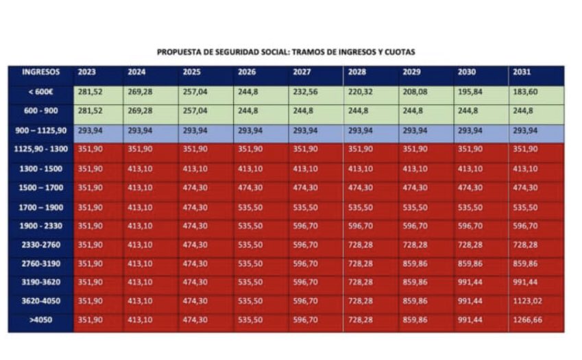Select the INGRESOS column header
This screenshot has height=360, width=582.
click(x=40, y=72)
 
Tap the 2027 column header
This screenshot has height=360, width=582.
click(x=302, y=72)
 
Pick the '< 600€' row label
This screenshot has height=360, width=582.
click(x=40, y=92)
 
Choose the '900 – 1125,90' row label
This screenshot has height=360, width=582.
click(x=40, y=130)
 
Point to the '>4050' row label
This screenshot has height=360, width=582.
click(x=40, y=320)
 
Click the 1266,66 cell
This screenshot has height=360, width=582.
click(x=529, y=320)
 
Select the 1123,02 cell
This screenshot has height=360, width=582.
click(x=529, y=300)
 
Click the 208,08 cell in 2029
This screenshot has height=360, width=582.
click(x=415, y=92)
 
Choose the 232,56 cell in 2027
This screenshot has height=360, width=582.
click(x=305, y=92)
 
